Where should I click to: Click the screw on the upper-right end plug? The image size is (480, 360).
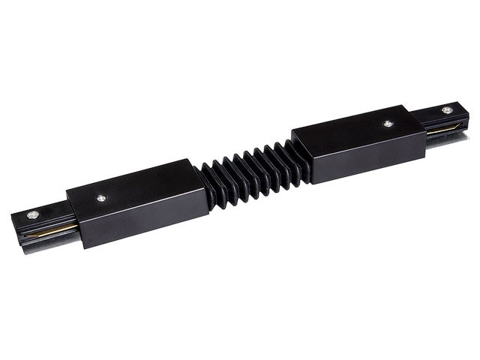447,110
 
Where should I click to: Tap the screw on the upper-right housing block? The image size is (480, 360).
388,124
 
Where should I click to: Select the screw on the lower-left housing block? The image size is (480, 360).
101,199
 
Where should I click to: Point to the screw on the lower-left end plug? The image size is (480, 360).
32,214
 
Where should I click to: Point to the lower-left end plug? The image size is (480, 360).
41,225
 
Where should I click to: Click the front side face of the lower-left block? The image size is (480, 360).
142,221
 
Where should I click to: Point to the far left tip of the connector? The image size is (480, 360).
13,225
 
